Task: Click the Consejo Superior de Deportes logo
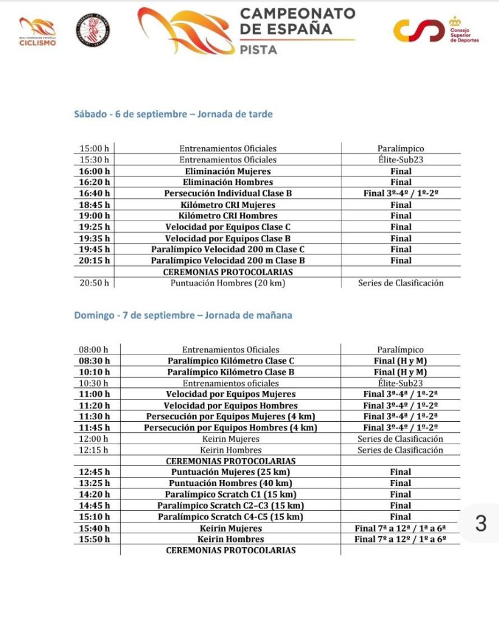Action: [x=436, y=30]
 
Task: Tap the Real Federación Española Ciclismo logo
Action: [x=38, y=31]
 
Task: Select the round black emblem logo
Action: [x=93, y=30]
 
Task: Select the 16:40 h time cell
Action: [x=95, y=193]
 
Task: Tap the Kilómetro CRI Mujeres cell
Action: [x=227, y=205]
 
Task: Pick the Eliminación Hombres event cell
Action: [x=227, y=182]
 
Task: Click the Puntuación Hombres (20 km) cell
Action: [x=227, y=283]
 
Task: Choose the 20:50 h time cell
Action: [x=95, y=283]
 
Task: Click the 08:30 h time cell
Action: [x=95, y=361]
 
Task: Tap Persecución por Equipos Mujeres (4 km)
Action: [x=230, y=416]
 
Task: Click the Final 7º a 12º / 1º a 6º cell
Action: [x=400, y=539]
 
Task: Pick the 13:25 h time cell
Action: [x=95, y=483]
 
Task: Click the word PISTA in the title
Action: [x=259, y=50]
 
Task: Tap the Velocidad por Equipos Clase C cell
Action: [x=227, y=227]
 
